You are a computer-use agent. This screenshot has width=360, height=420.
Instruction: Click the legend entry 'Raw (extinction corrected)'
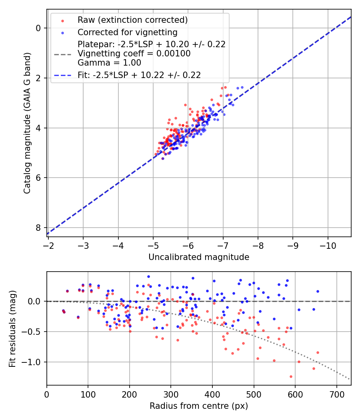132,20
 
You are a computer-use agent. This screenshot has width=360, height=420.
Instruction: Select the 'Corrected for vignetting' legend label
127,32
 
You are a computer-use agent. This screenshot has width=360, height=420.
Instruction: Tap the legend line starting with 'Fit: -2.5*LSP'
139,75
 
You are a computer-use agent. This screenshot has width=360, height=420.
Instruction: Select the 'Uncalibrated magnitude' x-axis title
199,257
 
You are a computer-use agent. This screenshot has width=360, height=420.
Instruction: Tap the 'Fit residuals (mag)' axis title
12,328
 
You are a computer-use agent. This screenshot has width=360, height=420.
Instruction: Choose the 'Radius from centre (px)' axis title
199,406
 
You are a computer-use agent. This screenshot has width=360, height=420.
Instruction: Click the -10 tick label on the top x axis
328,244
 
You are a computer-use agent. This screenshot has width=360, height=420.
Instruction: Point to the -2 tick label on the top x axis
48,244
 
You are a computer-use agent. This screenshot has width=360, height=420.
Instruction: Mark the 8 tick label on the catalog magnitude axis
38,228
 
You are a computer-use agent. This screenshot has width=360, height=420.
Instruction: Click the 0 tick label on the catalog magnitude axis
38,28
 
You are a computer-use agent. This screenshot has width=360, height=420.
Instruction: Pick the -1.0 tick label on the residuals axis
32,362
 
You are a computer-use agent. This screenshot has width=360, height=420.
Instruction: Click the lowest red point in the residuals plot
291,376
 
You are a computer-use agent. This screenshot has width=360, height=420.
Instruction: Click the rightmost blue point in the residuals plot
318,291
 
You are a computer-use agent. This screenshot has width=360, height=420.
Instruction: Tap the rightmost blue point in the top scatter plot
242,87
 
